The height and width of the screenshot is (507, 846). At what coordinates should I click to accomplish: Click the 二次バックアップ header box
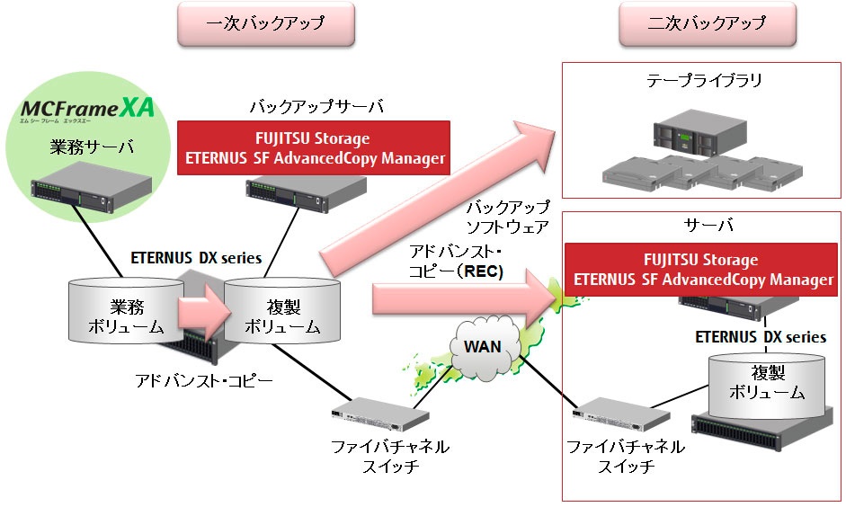[x=707, y=23]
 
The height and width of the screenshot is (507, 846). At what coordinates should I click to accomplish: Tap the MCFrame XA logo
[x=87, y=112]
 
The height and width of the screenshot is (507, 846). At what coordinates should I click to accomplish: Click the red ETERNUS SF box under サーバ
[x=701, y=270]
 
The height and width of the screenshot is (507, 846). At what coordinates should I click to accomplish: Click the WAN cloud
[x=482, y=346]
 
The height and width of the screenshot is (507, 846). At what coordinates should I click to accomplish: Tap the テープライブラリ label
[x=704, y=82]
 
